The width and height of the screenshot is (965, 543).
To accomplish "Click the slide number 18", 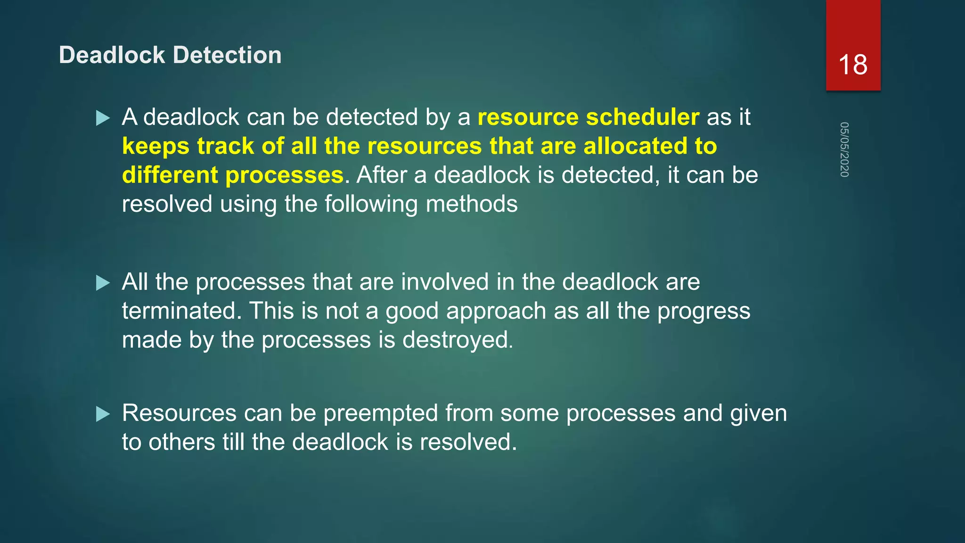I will pos(853,65).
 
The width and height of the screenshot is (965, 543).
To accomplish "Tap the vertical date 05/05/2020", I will pos(844,149).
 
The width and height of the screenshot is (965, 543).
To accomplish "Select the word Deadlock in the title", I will pos(112,55).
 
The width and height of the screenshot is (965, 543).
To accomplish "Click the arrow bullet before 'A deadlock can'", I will pos(103,118).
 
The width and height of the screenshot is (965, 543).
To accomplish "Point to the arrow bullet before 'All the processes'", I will pos(103,283).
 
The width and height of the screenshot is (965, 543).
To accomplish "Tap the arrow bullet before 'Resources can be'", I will pos(103,414).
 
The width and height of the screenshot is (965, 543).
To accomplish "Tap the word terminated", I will pos(181,311).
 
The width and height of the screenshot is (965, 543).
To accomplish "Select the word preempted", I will pos(381,413).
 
